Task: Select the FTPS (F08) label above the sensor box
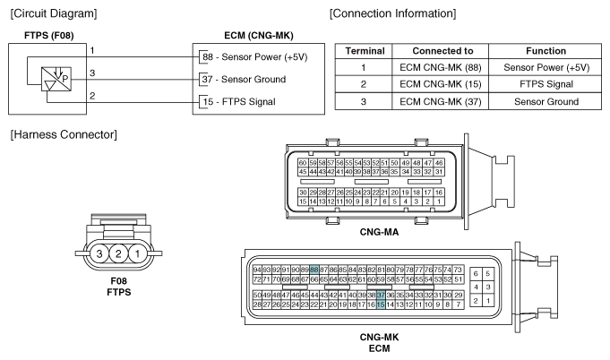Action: (x=42, y=36)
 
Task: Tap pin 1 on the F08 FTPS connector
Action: (x=137, y=255)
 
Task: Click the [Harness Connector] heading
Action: (x=59, y=133)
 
